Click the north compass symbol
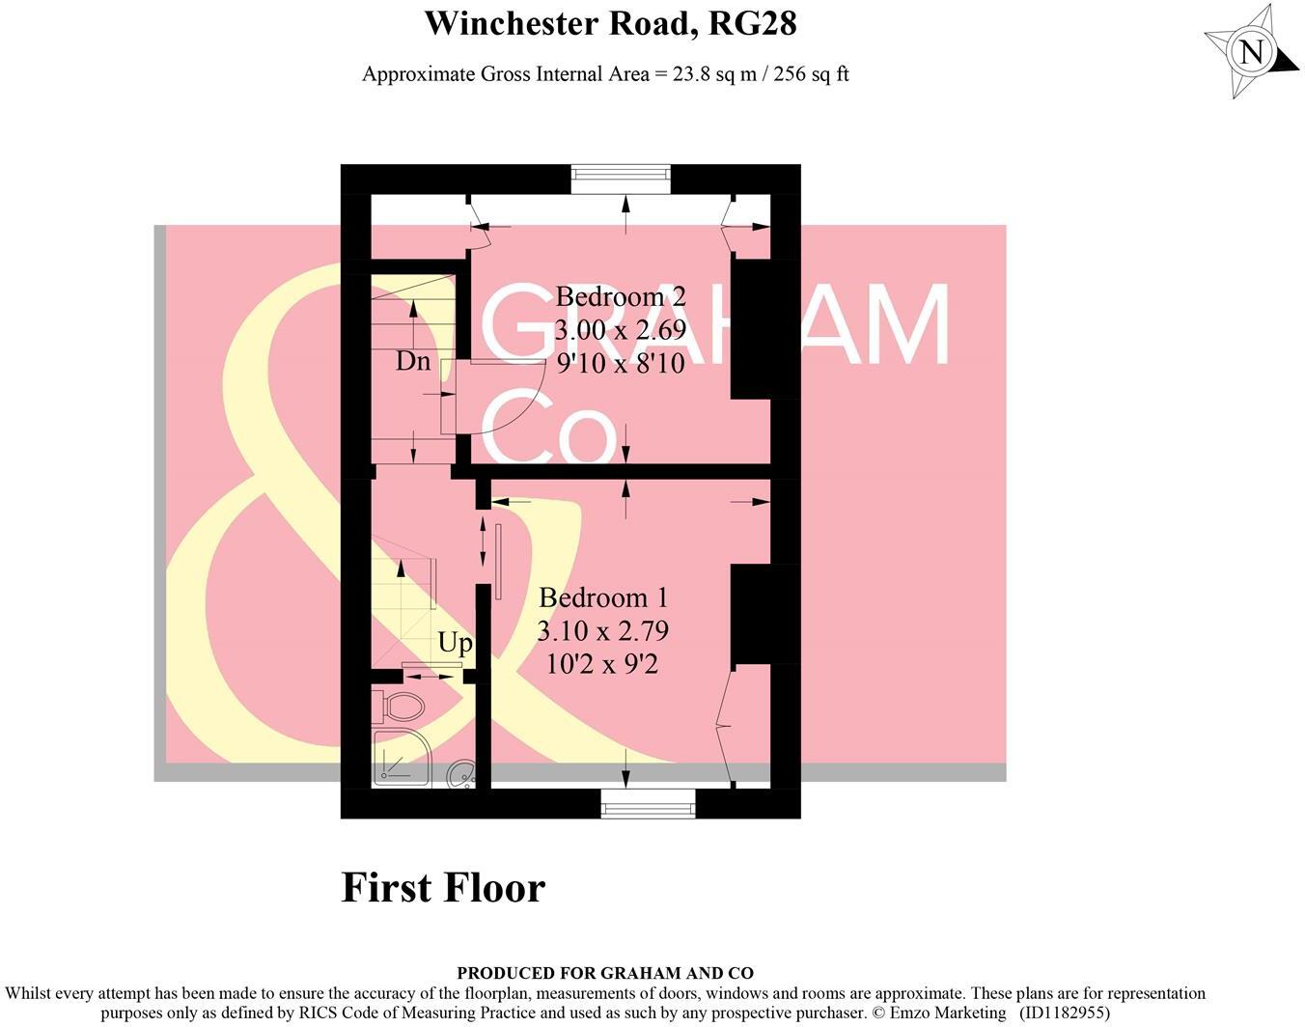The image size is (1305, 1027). point(1251,52)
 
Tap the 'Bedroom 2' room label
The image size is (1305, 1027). point(621,296)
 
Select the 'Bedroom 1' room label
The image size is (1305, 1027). point(602,597)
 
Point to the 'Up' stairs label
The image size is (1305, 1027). point(456,642)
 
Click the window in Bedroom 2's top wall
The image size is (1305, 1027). point(620,173)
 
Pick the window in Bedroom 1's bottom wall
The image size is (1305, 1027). point(648,803)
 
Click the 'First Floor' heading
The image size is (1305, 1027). point(443,887)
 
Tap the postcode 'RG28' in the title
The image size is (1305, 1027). point(753,23)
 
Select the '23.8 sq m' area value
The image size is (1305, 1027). point(708,74)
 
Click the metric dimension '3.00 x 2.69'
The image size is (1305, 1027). point(621,330)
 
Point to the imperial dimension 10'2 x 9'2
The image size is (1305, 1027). point(602,664)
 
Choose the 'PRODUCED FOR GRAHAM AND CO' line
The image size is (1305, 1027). point(605,974)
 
